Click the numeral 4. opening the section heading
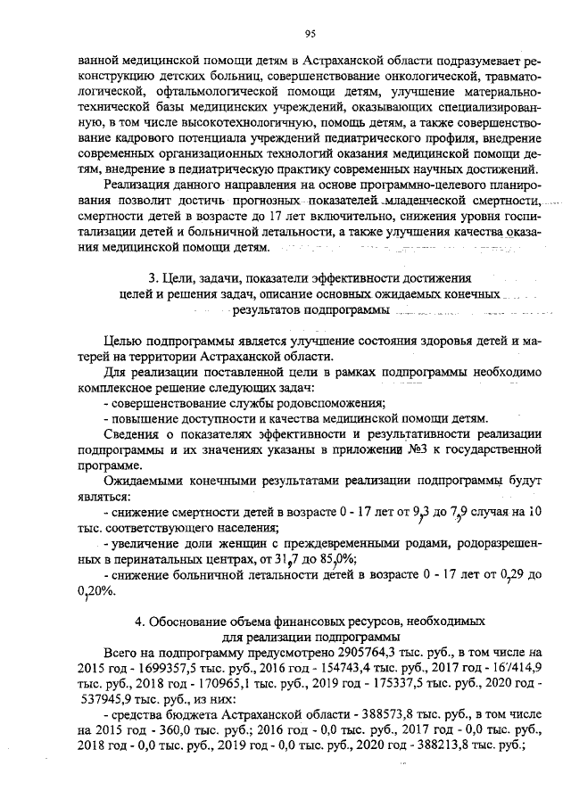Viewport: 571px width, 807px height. (x=140, y=621)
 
